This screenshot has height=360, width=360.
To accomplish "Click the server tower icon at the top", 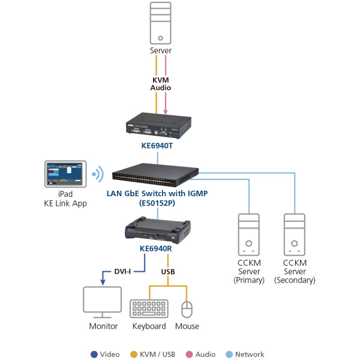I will click(160, 23).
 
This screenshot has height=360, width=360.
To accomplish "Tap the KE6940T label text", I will click(157, 145).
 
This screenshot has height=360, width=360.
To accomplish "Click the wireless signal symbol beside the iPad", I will click(97, 176).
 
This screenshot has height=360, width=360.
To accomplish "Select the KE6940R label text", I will click(158, 248).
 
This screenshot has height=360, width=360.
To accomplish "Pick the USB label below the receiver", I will click(169, 271).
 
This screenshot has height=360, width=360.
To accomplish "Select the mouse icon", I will click(187, 309).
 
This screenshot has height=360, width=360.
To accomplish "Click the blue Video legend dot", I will click(94, 354).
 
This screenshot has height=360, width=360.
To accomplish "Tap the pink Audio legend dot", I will click(187, 354).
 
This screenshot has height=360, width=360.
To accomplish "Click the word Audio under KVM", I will click(160, 88).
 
